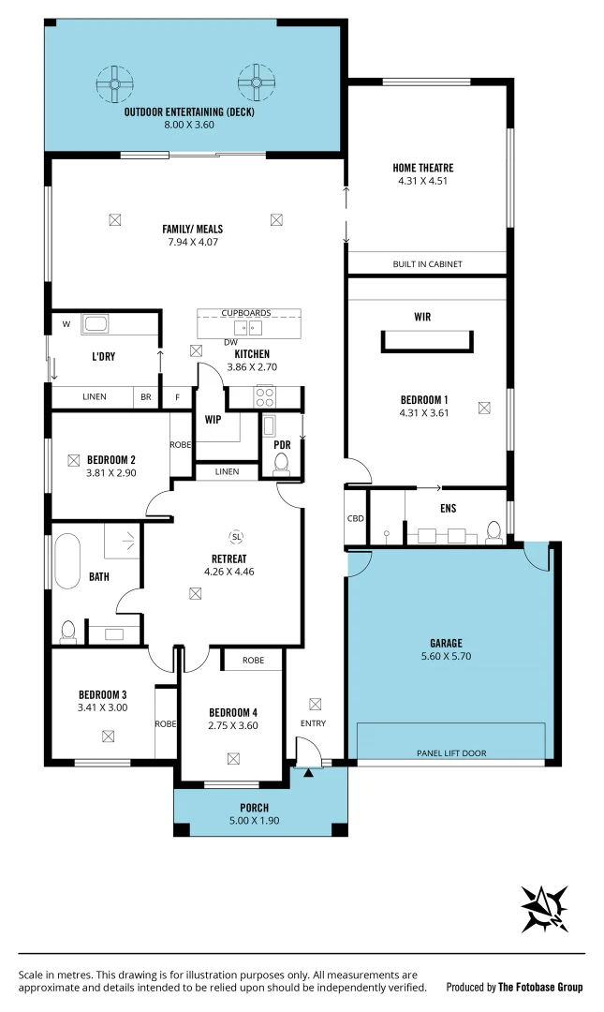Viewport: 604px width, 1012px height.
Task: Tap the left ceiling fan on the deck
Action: point(114,84)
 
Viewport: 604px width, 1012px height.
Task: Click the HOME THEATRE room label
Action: point(423,169)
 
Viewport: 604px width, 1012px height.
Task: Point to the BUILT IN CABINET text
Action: point(427,264)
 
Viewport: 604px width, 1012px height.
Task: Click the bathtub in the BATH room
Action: point(67,559)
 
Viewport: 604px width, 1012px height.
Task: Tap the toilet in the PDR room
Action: point(280,463)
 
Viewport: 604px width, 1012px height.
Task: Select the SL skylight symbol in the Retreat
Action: point(236,536)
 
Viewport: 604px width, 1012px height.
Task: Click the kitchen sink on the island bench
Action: point(248,327)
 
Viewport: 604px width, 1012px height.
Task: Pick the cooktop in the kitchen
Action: point(266,395)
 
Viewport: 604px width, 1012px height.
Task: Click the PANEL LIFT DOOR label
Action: point(451,753)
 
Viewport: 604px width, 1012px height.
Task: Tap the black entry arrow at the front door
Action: point(308,772)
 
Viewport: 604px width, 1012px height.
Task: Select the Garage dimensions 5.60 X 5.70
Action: point(447,657)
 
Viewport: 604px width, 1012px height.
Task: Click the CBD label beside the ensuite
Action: point(356,518)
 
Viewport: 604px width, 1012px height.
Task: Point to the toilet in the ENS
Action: point(494,533)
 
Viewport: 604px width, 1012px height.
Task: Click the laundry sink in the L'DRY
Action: point(95,325)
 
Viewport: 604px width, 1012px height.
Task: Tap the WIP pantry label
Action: point(213,419)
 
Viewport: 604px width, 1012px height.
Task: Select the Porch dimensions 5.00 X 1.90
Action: point(254,821)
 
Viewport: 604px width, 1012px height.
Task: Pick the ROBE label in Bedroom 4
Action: point(253,661)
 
